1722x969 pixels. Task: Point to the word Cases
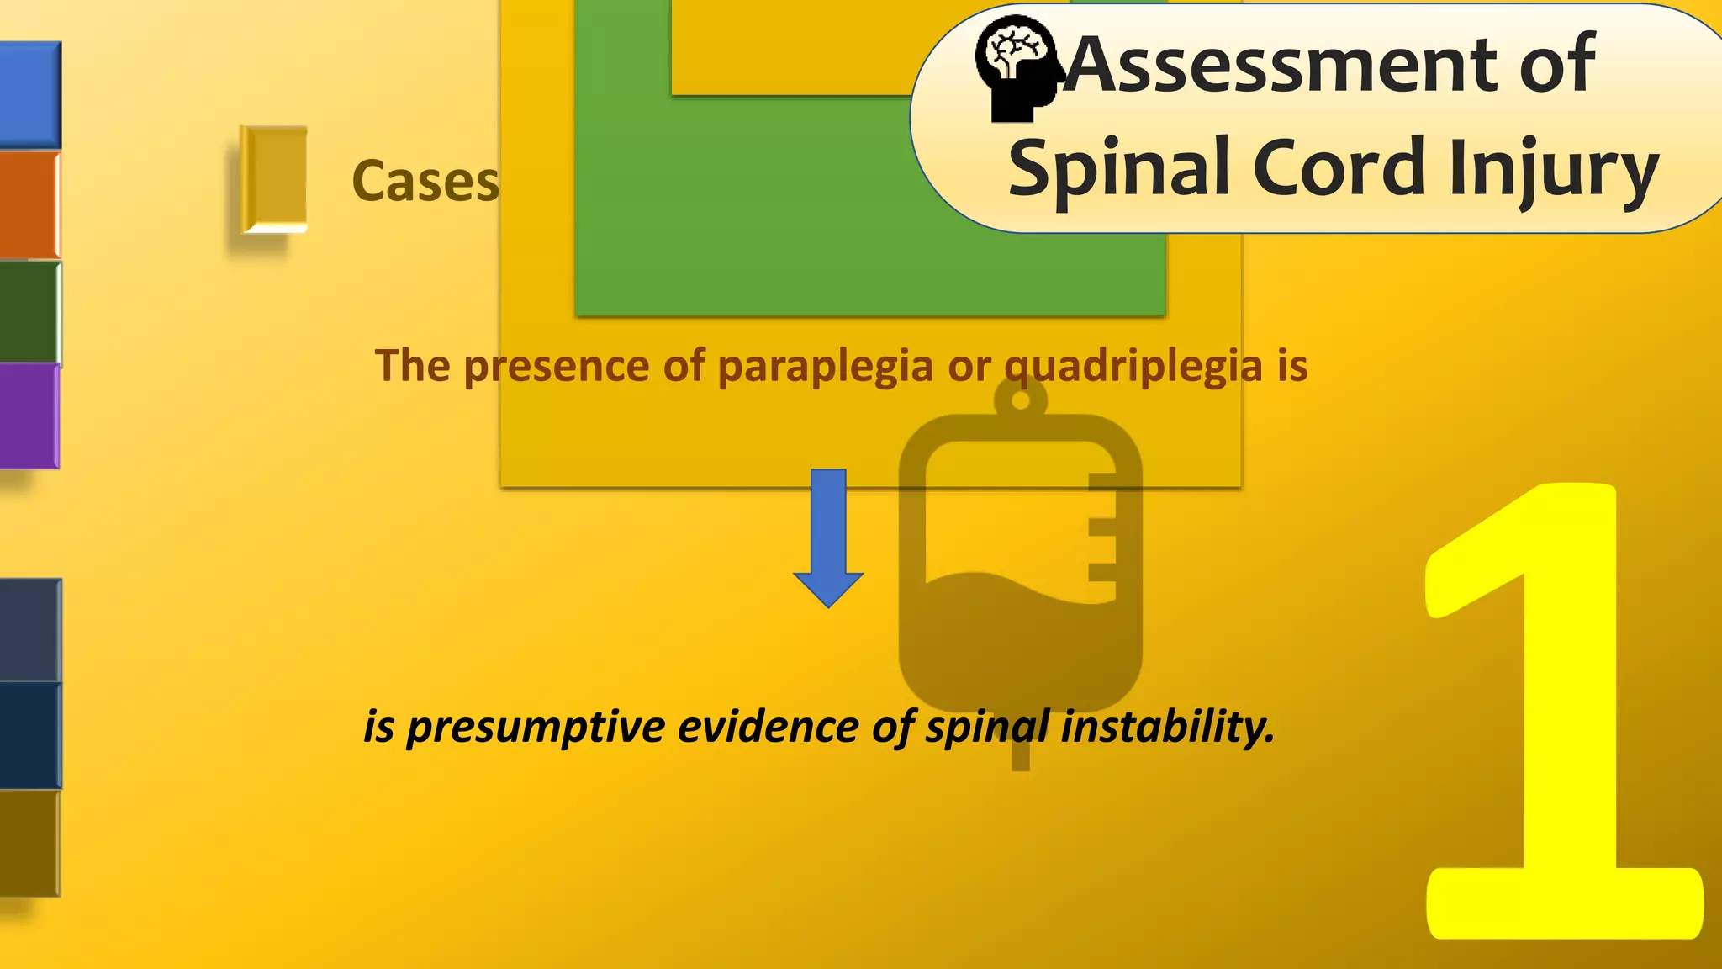click(x=425, y=181)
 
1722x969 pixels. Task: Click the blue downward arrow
click(x=828, y=538)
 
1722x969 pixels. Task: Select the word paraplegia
click(x=825, y=366)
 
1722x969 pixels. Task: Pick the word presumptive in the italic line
click(x=536, y=726)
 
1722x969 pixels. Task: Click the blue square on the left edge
click(x=30, y=94)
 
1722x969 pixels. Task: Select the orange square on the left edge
click(x=30, y=204)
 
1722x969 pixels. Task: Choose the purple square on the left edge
click(x=30, y=415)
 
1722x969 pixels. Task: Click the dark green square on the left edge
click(x=30, y=311)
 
